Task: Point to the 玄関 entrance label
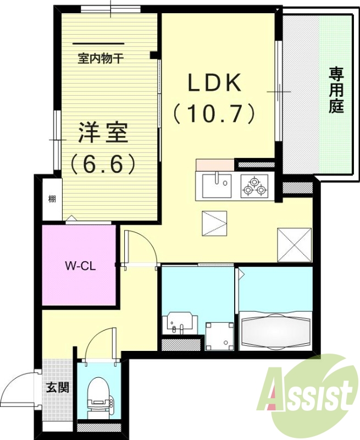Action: point(57,387)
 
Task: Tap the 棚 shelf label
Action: point(51,199)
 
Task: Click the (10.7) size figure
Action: point(215,114)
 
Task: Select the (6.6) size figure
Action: point(103,163)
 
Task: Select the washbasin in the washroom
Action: point(180,322)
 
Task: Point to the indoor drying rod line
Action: point(98,43)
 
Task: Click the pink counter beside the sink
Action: point(214,164)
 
